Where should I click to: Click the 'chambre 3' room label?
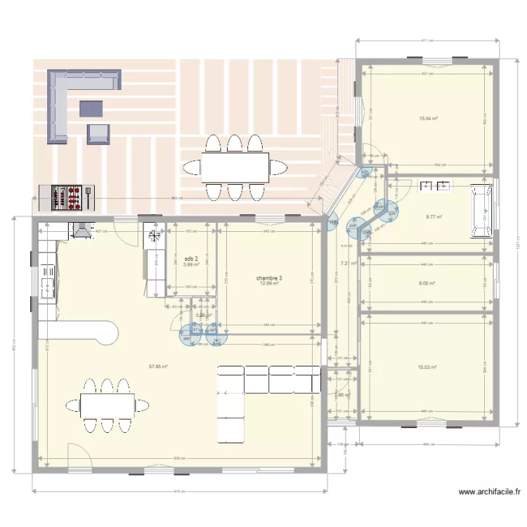pyautogui.click(x=271, y=278)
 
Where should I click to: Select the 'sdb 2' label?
pyautogui.click(x=191, y=259)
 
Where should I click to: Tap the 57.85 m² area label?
pyautogui.click(x=157, y=366)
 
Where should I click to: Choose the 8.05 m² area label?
pyautogui.click(x=427, y=284)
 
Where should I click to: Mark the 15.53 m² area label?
pyautogui.click(x=427, y=367)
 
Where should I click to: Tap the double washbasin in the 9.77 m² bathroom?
pyautogui.click(x=434, y=186)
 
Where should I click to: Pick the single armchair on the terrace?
pyautogui.click(x=98, y=134)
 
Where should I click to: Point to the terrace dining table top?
pyautogui.click(x=235, y=167)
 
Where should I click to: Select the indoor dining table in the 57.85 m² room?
pyautogui.click(x=107, y=405)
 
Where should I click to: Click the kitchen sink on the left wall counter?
pyautogui.click(x=47, y=285)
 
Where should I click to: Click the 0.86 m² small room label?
pyautogui.click(x=203, y=315)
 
